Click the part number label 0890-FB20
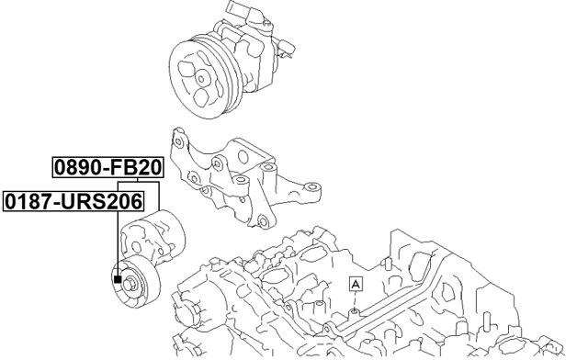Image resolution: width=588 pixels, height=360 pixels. click(107, 168)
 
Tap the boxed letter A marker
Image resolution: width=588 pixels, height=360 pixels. click(356, 285)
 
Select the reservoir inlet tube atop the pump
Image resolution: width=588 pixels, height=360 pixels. click(242, 11)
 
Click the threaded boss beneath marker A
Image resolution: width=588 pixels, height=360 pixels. click(355, 313)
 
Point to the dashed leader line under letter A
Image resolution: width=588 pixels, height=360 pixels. click(356, 301)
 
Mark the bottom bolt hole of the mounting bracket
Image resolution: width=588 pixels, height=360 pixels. click(263, 221)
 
